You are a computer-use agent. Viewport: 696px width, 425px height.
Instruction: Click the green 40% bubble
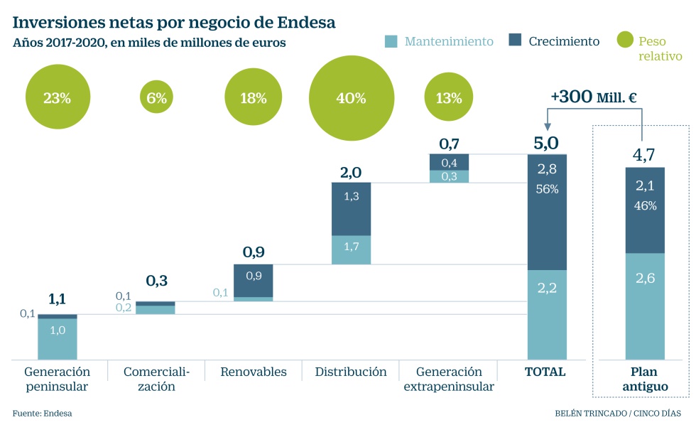click(351, 98)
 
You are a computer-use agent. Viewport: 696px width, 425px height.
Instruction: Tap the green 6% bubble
click(156, 98)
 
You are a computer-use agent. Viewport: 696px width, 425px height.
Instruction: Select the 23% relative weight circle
click(57, 98)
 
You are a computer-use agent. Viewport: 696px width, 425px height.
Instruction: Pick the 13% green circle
click(449, 98)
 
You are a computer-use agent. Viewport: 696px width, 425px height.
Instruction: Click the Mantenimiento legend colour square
click(391, 41)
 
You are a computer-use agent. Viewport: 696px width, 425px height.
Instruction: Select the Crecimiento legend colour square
click(516, 41)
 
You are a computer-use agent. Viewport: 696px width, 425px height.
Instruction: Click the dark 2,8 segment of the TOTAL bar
click(547, 212)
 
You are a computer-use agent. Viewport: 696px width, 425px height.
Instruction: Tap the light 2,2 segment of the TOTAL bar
click(547, 314)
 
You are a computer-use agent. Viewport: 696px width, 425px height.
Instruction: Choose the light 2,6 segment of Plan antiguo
click(645, 306)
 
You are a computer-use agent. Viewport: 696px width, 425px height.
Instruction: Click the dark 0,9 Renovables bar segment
click(253, 280)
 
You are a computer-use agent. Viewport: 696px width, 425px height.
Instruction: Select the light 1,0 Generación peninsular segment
click(57, 339)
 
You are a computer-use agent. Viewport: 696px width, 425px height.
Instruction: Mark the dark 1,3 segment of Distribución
click(351, 209)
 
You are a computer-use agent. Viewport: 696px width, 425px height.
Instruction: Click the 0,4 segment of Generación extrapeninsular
click(449, 163)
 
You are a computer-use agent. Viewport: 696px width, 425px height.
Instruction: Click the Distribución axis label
click(351, 372)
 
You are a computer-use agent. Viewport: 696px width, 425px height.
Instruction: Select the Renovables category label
click(253, 372)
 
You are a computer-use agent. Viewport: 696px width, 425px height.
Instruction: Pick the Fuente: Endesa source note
click(42, 413)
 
